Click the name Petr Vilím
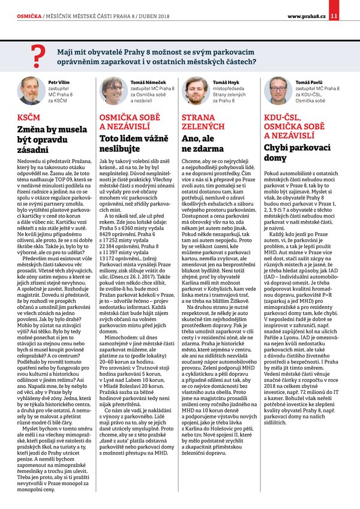[x=58, y=81]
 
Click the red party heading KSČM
[x=29, y=118]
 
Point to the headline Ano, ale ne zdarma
[x=200, y=142]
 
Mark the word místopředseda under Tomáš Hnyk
[x=227, y=88]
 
